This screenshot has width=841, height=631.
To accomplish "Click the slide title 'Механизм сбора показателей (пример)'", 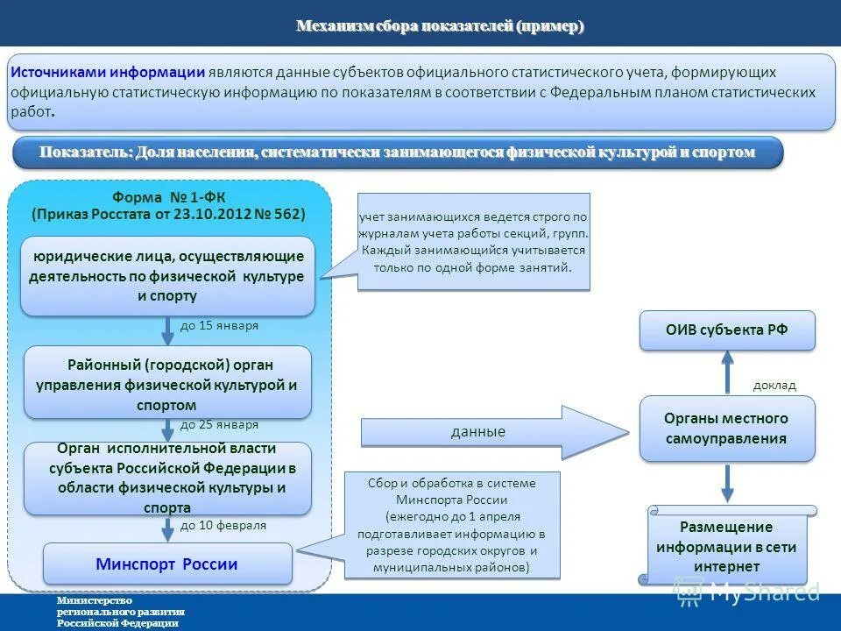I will point(440,26).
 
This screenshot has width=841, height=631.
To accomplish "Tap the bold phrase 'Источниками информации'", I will point(109,73).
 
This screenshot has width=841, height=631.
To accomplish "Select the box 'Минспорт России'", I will point(166,564).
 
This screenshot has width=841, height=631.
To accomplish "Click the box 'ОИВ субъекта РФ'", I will point(726,330).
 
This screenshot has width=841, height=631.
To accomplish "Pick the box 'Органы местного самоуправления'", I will point(726,429).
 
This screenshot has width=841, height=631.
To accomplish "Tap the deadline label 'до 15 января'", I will point(219,325).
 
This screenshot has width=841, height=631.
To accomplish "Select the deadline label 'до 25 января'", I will point(219,425).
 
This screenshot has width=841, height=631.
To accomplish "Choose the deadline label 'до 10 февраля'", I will point(223,526).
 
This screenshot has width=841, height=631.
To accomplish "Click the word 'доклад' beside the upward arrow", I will point(774,385).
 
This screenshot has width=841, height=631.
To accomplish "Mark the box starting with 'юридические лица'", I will point(167,276).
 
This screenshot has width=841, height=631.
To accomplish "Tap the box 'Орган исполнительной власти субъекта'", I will point(167,479).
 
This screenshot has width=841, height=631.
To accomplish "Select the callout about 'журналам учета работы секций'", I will point(474,242).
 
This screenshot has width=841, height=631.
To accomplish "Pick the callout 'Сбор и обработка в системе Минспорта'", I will point(451,525).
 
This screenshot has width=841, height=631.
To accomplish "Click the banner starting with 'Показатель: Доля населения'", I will point(397,152).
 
